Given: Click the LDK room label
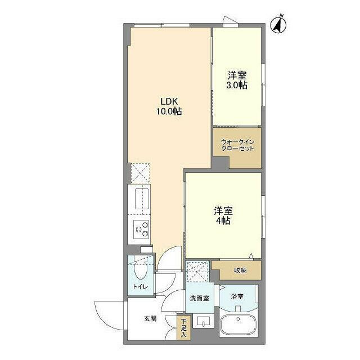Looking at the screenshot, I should click(169, 101).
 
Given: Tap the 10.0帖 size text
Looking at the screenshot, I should click(169, 111).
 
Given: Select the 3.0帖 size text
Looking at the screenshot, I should click(237, 85).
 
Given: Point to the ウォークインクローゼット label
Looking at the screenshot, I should click(237, 145).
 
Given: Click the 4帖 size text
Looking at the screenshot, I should click(223, 221).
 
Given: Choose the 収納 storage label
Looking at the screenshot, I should click(240, 271).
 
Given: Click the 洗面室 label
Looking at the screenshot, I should click(199, 298).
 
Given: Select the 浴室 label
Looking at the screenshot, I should click(237, 296).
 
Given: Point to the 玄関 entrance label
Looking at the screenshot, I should click(150, 319).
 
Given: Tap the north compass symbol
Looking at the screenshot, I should click(278, 25).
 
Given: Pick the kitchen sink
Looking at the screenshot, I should click(140, 198).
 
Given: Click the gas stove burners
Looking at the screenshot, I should click(141, 229).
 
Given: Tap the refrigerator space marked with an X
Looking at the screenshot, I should click(139, 173).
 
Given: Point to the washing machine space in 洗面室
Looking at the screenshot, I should click(197, 271).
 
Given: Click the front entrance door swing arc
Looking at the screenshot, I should click(107, 318).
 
